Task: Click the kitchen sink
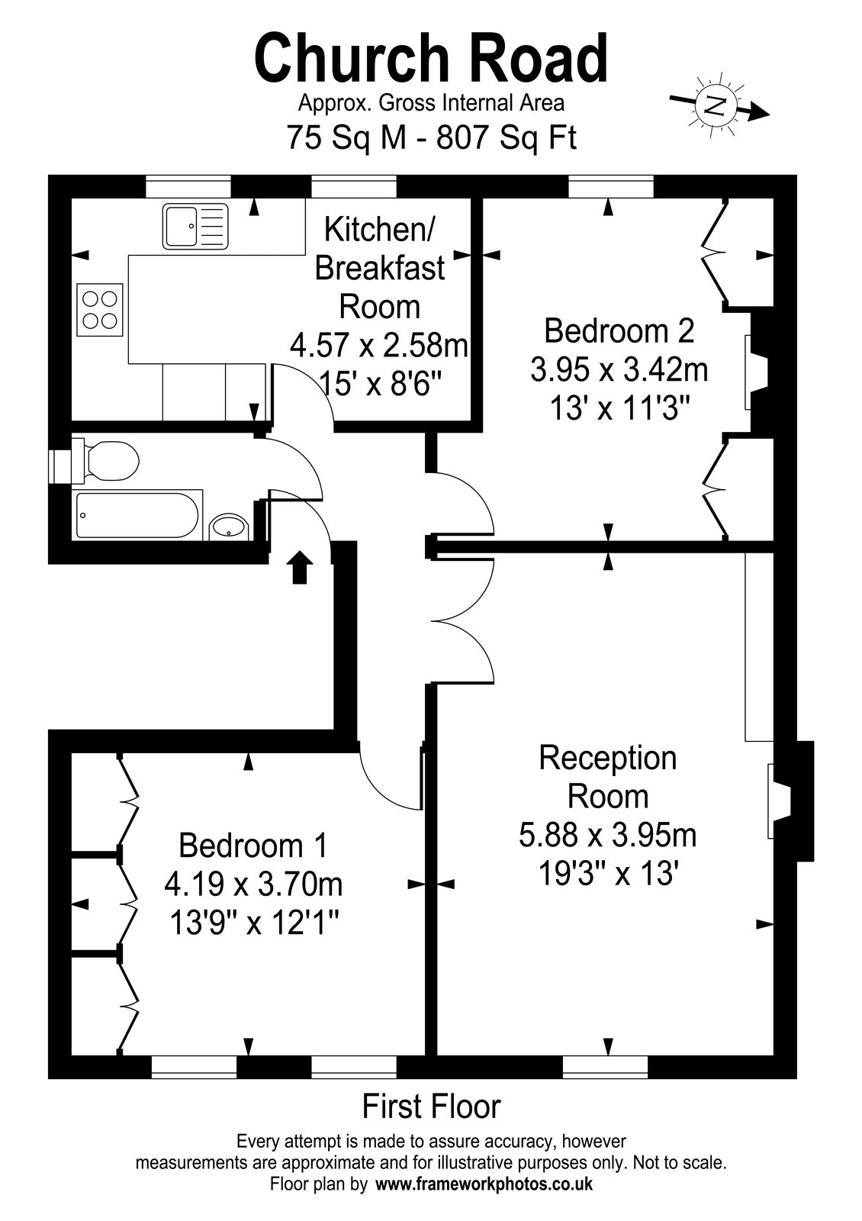(195, 226)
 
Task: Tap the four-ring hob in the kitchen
(100, 310)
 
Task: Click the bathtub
(137, 514)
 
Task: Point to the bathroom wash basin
(230, 527)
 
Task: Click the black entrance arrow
(298, 568)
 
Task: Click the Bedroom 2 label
(619, 331)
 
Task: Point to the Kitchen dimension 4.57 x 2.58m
(379, 346)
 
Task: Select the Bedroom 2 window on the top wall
(611, 186)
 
